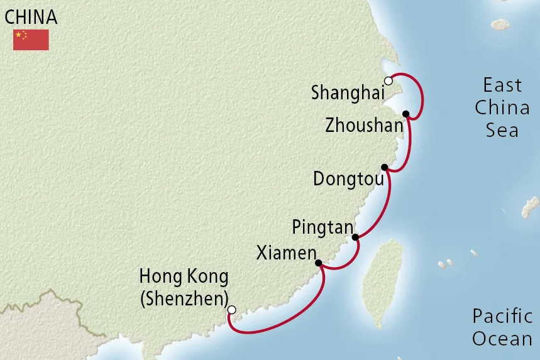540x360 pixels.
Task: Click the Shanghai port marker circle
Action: point(388,81)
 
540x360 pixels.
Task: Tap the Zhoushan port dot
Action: point(406,114)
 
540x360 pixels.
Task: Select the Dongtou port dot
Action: point(384,168)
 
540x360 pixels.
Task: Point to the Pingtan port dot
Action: point(355,237)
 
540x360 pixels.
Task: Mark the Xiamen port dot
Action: point(318,263)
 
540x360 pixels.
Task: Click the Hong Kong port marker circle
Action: point(231,310)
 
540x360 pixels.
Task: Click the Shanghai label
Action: point(348,94)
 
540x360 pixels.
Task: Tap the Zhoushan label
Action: point(364,126)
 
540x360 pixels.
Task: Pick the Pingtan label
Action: point(322,227)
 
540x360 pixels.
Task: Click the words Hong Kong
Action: point(184,276)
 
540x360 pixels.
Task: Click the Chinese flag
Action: point(31,40)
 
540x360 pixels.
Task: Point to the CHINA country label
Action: point(31,17)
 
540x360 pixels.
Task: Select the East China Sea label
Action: point(502,107)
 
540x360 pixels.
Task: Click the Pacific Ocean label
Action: point(502,327)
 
